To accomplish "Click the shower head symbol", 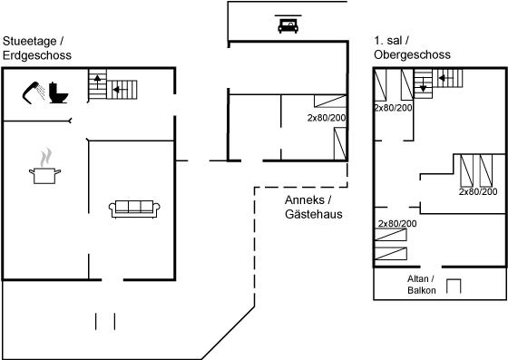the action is point(34,92).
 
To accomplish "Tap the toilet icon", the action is point(59,93).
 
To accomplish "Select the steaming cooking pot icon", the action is point(45,167).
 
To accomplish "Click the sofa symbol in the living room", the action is point(134,209).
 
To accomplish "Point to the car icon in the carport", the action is point(288,26).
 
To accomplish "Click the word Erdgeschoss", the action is point(37,55).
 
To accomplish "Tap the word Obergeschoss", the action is point(412,54).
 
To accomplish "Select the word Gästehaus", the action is point(314,214).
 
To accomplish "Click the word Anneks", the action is point(305,200).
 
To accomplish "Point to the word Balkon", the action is point(422,290).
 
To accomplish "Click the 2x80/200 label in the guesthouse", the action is point(327,118).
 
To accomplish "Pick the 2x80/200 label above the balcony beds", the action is point(397,223).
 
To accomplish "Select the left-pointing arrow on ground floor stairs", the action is point(119,90).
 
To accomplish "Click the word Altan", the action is point(418,278).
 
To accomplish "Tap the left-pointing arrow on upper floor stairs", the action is point(445,78).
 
